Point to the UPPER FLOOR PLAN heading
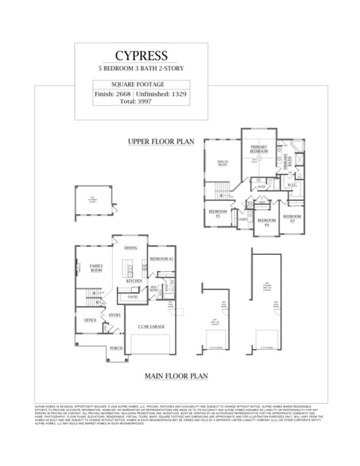pos(160,141)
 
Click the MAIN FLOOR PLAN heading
pos(176,376)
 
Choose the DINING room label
pos(131,248)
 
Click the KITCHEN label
pos(134,282)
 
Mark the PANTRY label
pos(133,297)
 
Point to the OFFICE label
pos(90,320)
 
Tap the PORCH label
pos(115,348)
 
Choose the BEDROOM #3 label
pos(292,217)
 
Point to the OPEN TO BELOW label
pos(219,162)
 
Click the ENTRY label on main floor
pos(115,315)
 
